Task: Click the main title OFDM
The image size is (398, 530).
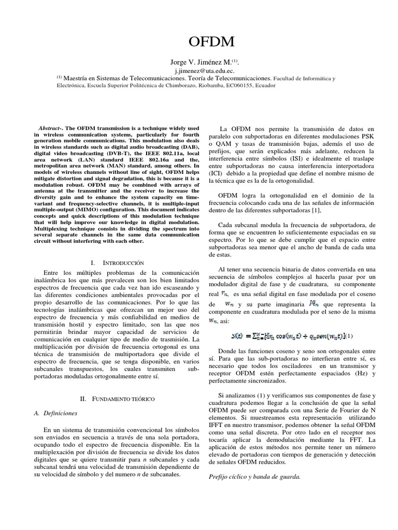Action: tap(198, 42)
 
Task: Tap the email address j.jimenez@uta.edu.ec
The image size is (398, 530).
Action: tap(198, 70)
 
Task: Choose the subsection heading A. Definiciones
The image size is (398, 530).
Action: tap(59, 413)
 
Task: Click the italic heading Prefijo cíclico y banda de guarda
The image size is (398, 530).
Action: tap(255, 476)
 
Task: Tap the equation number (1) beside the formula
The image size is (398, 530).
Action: tap(351, 336)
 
